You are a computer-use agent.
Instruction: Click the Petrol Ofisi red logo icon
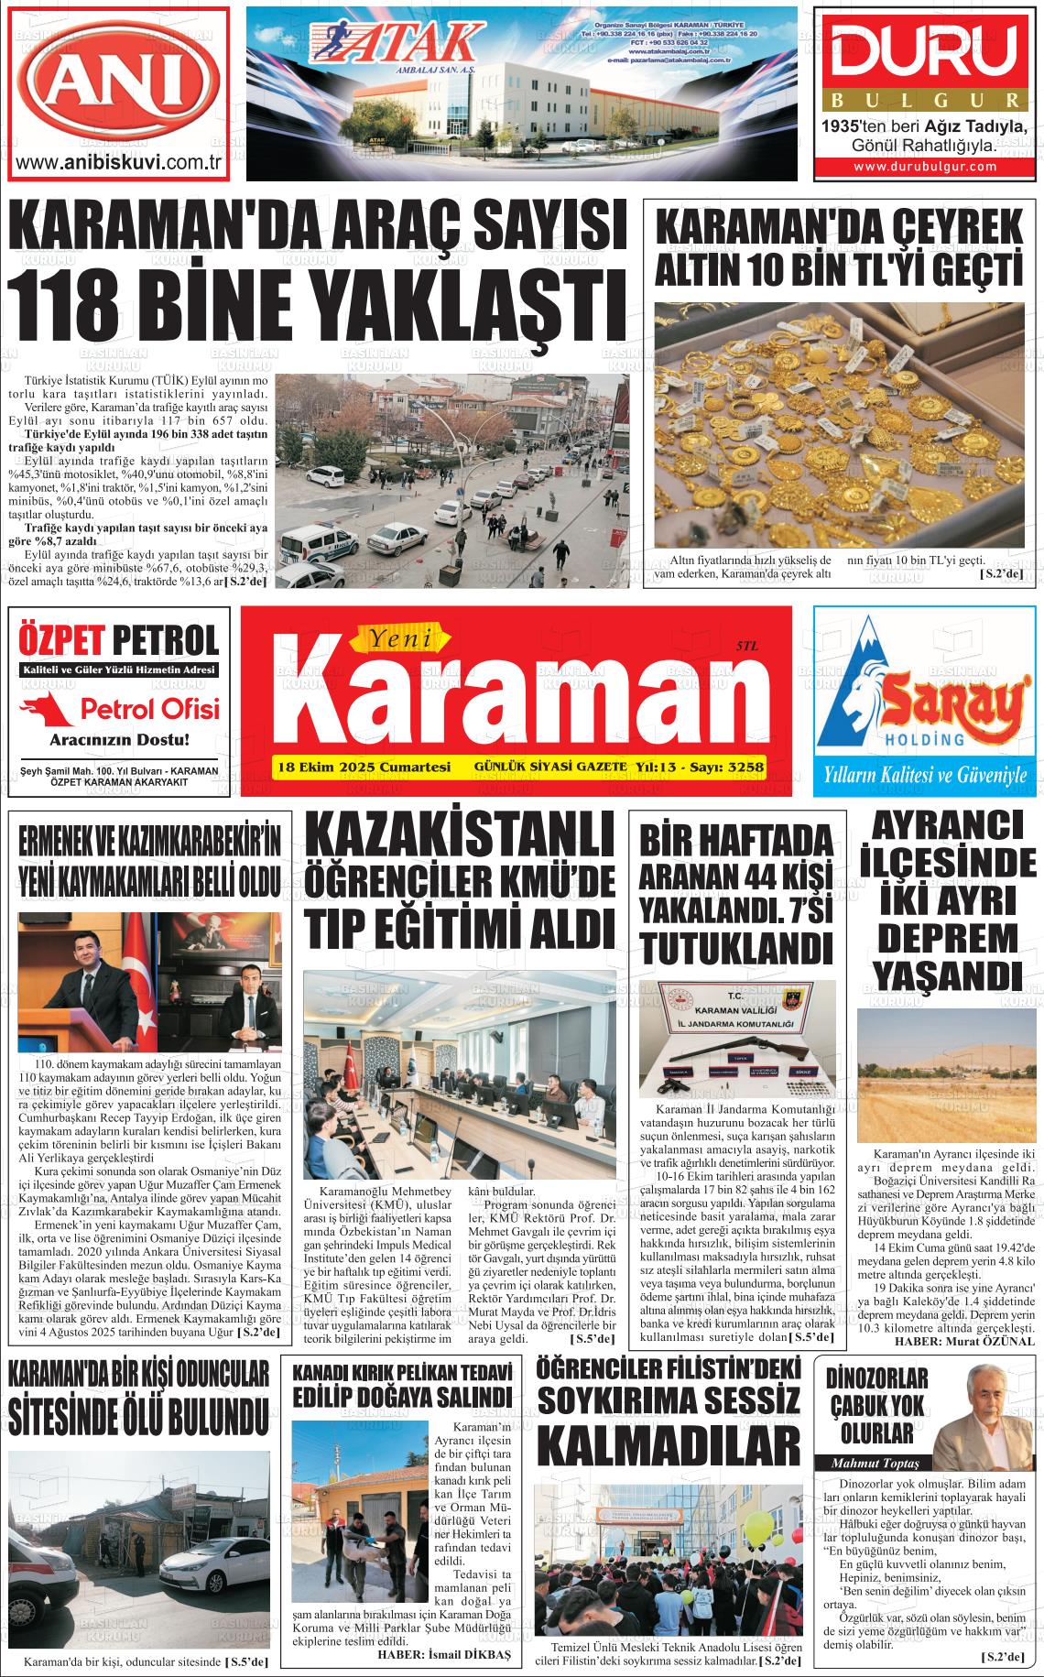(47, 708)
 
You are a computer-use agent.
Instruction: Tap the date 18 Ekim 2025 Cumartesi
(364, 766)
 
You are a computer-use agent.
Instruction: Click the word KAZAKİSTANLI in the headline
(458, 837)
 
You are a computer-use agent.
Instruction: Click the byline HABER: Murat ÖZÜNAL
(964, 1341)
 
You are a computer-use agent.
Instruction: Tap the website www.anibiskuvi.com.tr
(121, 163)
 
